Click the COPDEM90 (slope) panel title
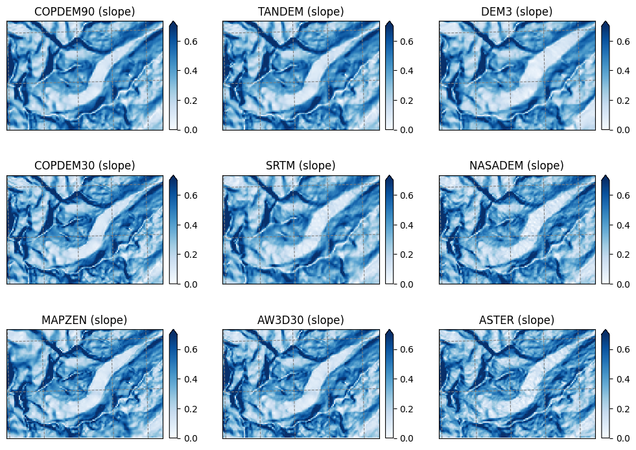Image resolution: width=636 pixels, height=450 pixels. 85,12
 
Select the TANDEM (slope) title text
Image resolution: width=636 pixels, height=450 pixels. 301,12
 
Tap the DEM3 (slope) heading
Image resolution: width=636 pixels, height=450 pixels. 517,12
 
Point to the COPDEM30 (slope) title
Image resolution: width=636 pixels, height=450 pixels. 85,166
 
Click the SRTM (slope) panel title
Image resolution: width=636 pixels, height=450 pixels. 301,166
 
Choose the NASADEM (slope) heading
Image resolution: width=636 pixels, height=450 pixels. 517,166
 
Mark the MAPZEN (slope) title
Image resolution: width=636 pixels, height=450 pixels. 84,320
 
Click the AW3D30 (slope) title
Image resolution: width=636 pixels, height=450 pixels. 301,320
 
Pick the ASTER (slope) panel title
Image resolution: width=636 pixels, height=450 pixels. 517,320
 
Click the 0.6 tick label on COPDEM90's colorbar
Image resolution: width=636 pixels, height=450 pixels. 191,42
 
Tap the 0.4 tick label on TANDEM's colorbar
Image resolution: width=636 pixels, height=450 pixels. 407,71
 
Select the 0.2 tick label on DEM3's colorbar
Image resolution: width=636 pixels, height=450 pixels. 623,101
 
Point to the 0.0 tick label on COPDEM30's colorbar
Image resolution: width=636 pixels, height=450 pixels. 191,284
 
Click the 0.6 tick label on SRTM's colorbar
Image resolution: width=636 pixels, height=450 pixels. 407,195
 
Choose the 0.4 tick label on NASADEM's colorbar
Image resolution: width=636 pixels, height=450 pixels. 623,225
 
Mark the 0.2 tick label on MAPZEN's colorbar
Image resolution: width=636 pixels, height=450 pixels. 191,409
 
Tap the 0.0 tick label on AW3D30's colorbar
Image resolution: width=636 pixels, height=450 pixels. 407,438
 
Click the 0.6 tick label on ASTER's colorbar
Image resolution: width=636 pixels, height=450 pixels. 623,349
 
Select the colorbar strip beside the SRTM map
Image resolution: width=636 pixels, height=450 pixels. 390,229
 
